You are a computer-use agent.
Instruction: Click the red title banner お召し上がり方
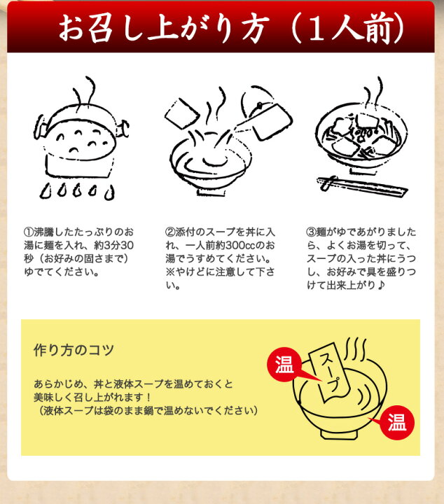coord(221,29)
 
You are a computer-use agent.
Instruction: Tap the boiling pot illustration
coord(81,140)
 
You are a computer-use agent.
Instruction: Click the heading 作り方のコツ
coord(74,350)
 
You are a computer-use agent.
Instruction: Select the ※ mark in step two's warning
coord(169,273)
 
